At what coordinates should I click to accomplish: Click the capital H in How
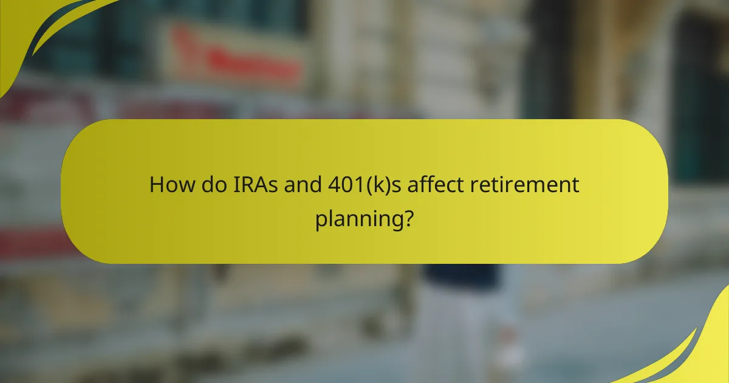coord(157,185)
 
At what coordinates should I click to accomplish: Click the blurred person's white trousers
coord(462,328)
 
